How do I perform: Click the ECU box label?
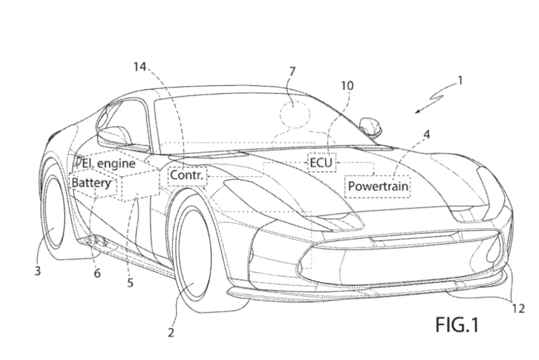(321, 162)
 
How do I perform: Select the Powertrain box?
(378, 187)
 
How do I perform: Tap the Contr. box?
(187, 176)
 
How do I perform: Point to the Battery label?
(91, 183)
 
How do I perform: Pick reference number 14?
(140, 67)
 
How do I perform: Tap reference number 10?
(347, 86)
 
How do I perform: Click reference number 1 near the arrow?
(460, 81)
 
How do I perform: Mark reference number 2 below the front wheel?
(171, 333)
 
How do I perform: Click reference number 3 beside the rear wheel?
(38, 271)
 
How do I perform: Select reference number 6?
(97, 273)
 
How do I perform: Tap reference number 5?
(130, 282)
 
